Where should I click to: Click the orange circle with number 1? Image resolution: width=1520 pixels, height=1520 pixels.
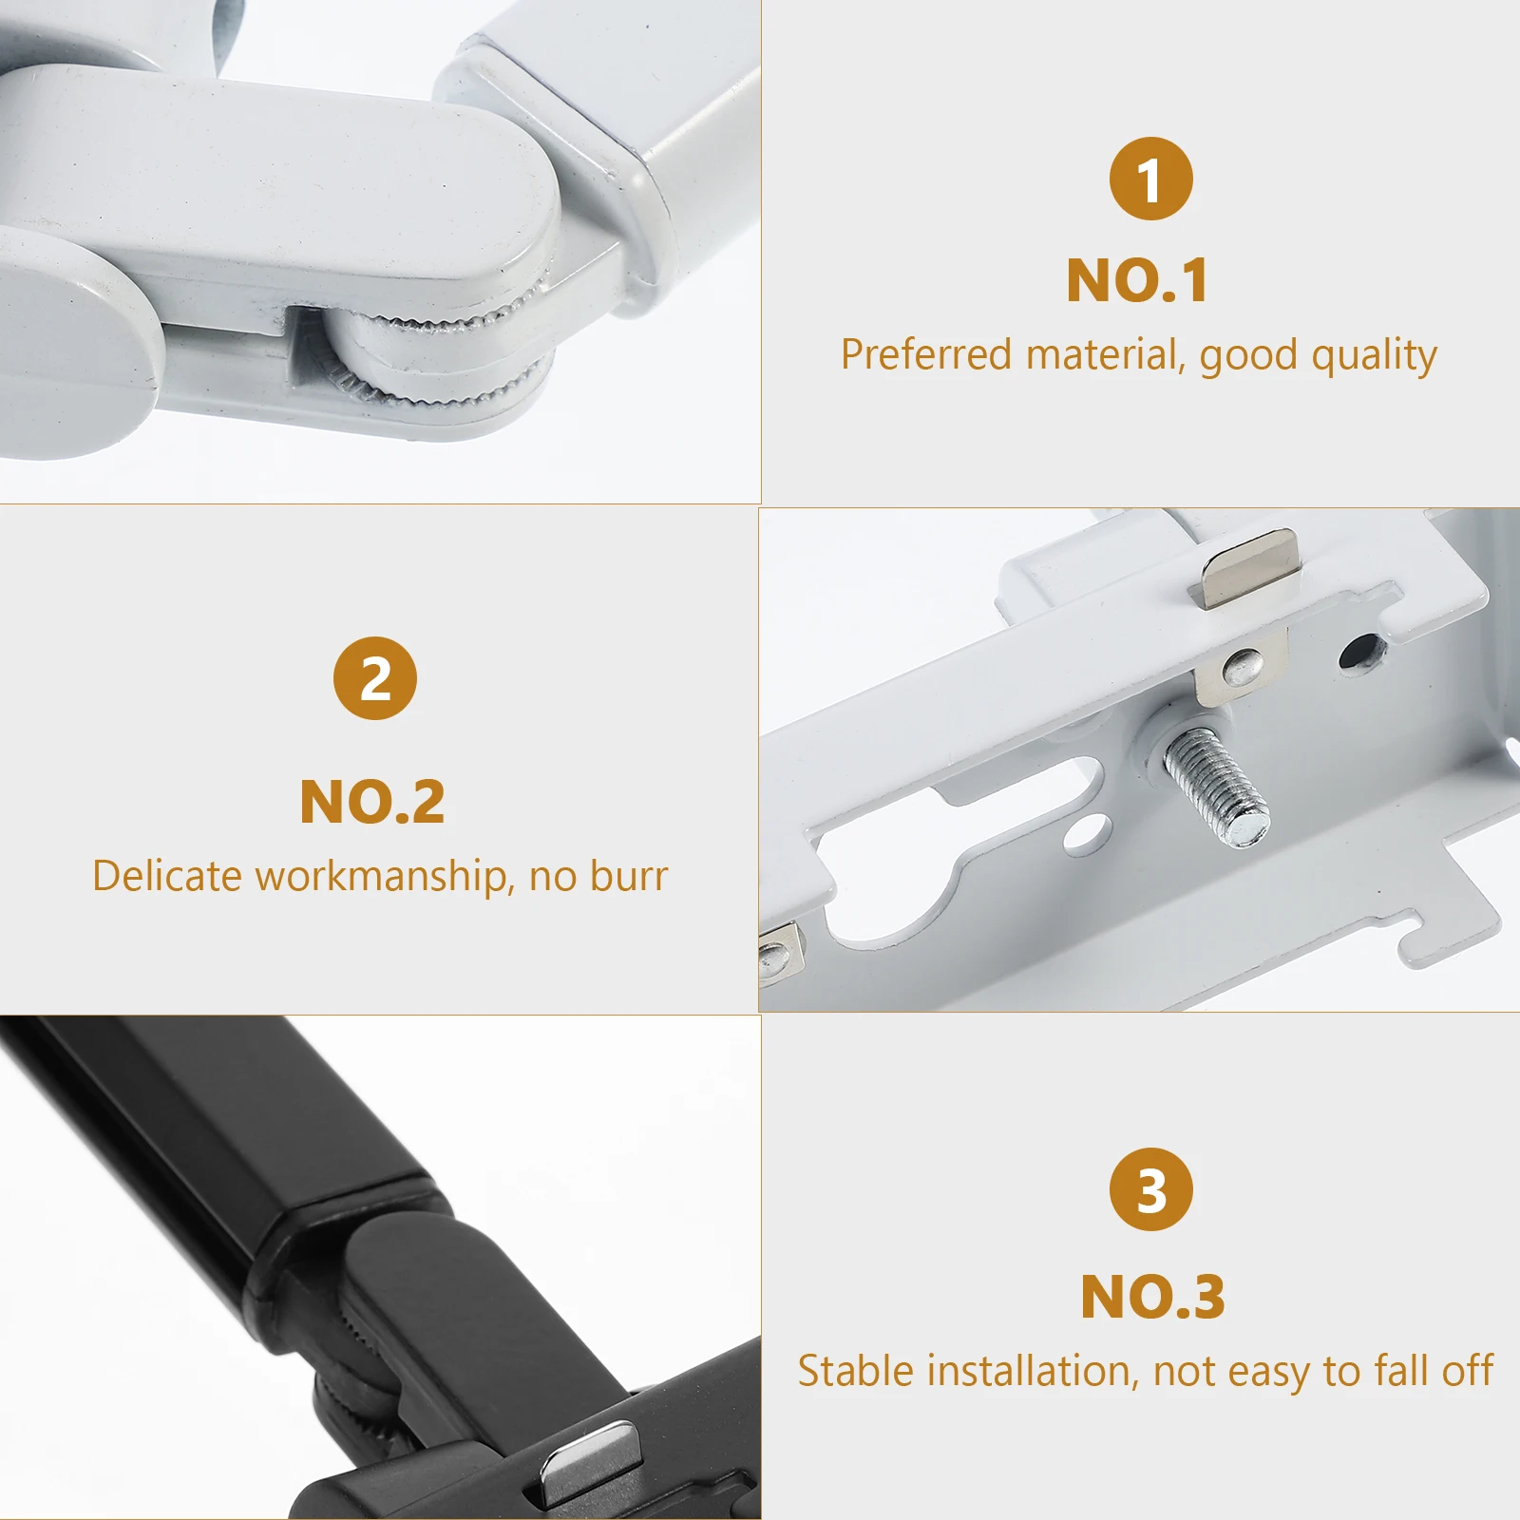(x=1150, y=179)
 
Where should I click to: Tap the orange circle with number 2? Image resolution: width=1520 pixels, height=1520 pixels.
(x=375, y=678)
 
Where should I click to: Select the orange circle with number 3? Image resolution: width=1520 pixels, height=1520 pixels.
(x=1150, y=1189)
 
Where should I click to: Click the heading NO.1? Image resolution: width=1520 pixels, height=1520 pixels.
(x=1137, y=281)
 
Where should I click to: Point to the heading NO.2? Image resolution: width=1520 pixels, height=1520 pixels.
(x=372, y=803)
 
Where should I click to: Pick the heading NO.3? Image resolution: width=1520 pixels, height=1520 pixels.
(x=1152, y=1297)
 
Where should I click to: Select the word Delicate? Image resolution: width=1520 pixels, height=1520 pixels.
(x=167, y=876)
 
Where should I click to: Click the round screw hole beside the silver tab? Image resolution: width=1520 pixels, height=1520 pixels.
(x=1361, y=652)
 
